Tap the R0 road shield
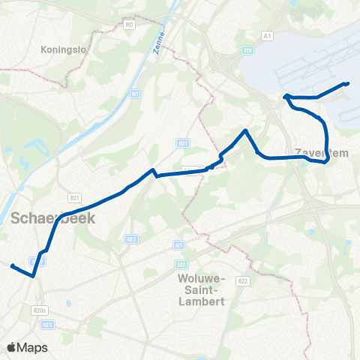tap(129, 25)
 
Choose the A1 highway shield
tap(267, 36)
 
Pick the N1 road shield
tap(135, 94)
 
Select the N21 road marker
tap(182, 142)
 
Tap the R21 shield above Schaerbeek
tap(74, 197)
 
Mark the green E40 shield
tap(184, 263)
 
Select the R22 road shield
tap(242, 280)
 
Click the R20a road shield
tap(40, 309)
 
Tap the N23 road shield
tap(49, 324)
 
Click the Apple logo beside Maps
tap(11, 347)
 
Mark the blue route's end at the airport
tap(347, 84)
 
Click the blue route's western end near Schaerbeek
tap(12, 265)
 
